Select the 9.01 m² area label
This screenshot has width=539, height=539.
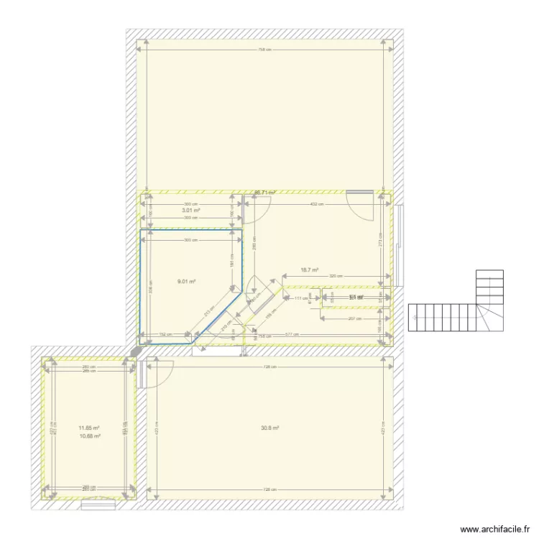click(187, 282)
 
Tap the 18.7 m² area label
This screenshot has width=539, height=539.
click(309, 270)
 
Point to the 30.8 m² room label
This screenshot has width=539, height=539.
click(269, 428)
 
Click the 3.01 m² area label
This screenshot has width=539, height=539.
click(190, 211)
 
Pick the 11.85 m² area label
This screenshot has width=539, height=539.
click(89, 428)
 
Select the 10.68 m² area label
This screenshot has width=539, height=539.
click(89, 436)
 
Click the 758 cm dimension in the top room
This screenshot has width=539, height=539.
click(265, 50)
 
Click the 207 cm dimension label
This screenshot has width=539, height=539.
click(353, 318)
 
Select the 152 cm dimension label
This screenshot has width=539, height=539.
click(165, 334)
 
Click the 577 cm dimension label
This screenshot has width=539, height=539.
click(292, 334)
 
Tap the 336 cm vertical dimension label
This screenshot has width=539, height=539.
click(151, 286)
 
